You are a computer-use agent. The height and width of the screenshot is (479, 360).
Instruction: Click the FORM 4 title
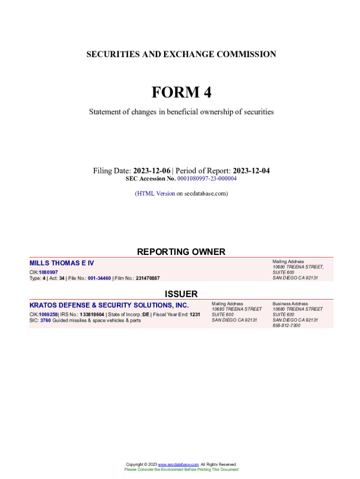[181, 93]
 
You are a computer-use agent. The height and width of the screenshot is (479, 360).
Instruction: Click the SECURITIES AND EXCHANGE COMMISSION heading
[181, 54]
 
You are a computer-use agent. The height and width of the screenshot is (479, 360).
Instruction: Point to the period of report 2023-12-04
[251, 171]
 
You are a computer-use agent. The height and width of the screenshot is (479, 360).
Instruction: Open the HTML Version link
[156, 193]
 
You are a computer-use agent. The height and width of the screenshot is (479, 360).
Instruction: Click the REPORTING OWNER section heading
[181, 252]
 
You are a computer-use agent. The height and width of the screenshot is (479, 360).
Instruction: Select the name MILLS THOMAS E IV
[62, 263]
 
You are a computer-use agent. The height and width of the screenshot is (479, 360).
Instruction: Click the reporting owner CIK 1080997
[48, 272]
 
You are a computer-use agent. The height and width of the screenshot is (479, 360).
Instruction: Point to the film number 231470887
[147, 278]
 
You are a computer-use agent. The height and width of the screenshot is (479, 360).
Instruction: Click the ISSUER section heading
[181, 294]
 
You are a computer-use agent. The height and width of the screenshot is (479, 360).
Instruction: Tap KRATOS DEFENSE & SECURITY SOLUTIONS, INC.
[109, 305]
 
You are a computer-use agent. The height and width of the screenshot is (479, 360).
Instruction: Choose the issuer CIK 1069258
[48, 315]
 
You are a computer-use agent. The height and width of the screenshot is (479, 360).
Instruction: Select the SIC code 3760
[45, 320]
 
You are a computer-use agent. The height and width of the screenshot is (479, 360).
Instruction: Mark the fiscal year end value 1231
[195, 315]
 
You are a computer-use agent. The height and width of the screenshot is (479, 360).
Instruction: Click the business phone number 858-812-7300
[287, 326]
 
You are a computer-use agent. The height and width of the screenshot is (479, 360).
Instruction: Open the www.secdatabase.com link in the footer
[179, 464]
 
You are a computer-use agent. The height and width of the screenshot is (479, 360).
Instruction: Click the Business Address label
[290, 304]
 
